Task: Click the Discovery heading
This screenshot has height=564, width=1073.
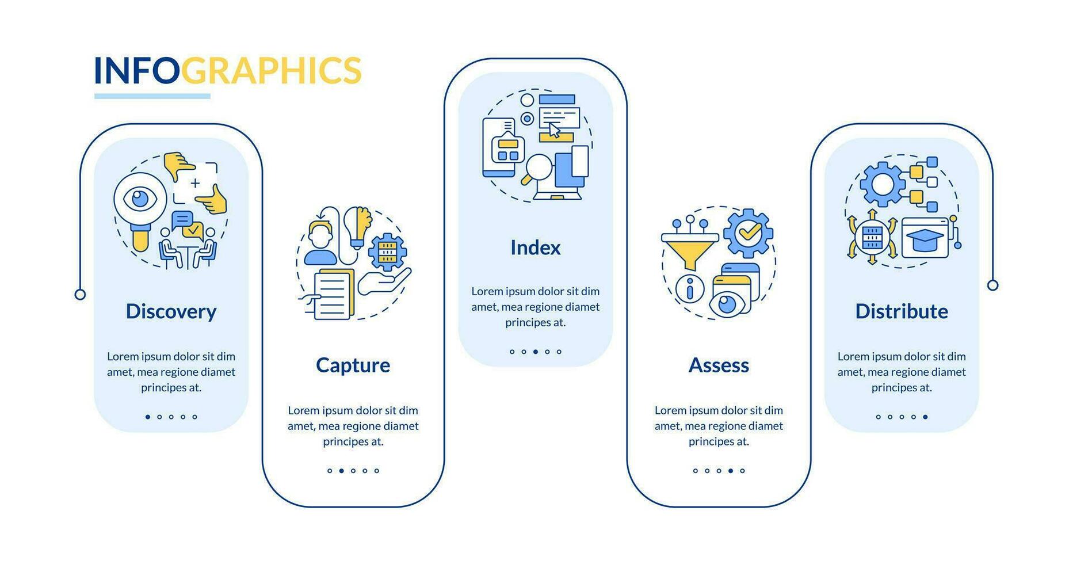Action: pyautogui.click(x=171, y=311)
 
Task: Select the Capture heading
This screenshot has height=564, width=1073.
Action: pyautogui.click(x=353, y=365)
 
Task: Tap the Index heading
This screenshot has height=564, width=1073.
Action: pyautogui.click(x=535, y=247)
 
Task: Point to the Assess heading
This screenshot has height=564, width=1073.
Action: pyautogui.click(x=719, y=365)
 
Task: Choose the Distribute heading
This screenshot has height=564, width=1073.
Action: pyautogui.click(x=901, y=311)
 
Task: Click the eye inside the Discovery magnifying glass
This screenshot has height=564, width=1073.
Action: pyautogui.click(x=140, y=199)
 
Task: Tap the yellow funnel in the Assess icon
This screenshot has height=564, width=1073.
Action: pyautogui.click(x=690, y=250)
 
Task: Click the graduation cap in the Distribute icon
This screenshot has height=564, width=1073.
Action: pyautogui.click(x=925, y=238)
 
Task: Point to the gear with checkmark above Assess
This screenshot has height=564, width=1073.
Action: pyautogui.click(x=748, y=233)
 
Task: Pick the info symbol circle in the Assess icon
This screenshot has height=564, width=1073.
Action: pyautogui.click(x=690, y=288)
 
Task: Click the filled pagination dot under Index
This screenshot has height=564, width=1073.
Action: pyautogui.click(x=535, y=352)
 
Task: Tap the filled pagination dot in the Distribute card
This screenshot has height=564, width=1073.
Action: pyautogui.click(x=925, y=417)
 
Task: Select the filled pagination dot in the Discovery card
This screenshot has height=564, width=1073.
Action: pyautogui.click(x=148, y=417)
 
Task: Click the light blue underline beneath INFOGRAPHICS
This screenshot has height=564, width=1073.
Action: pyautogui.click(x=152, y=96)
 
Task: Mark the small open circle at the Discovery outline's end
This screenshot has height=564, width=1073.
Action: pyautogui.click(x=81, y=295)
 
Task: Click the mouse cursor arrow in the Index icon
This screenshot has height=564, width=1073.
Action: pyautogui.click(x=554, y=130)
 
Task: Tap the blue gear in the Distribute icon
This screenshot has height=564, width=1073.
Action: pyautogui.click(x=882, y=184)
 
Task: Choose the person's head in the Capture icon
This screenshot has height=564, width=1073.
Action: pyautogui.click(x=320, y=234)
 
